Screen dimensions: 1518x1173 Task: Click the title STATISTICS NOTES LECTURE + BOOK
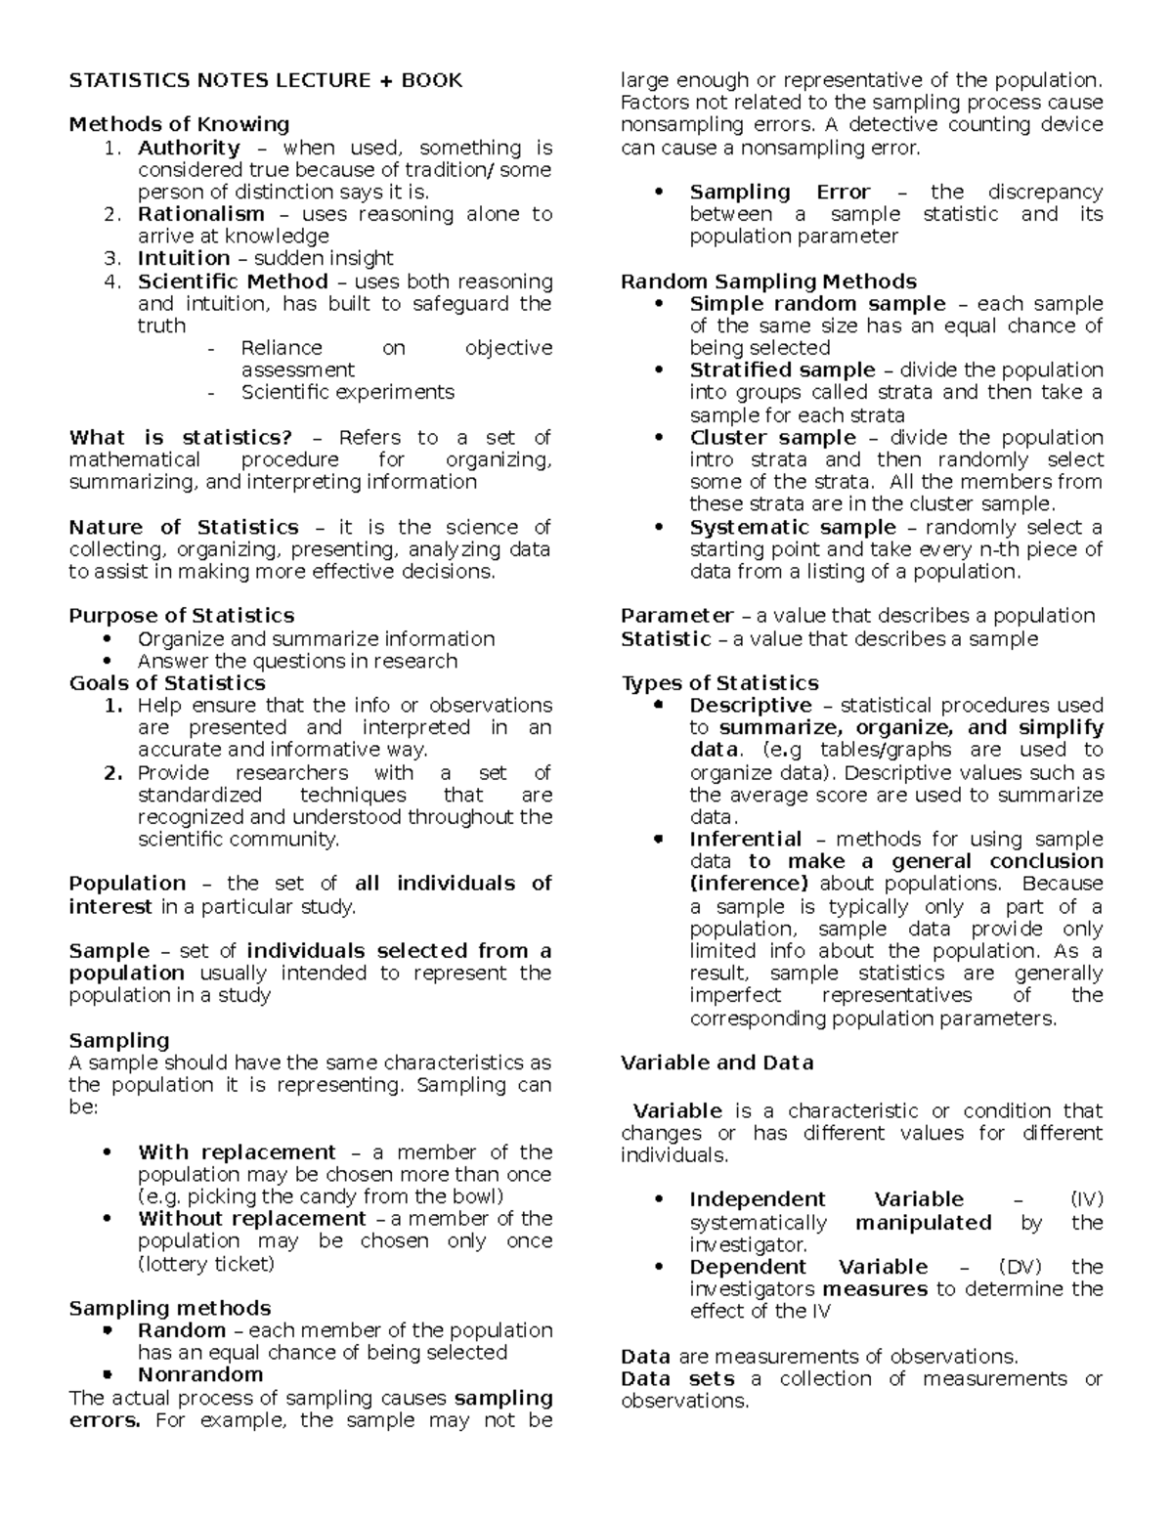point(265,80)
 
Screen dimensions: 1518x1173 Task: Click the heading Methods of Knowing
point(179,124)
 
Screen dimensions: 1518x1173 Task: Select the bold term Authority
point(189,148)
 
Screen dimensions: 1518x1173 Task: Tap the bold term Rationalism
point(200,214)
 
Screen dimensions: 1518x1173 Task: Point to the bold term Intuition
point(184,258)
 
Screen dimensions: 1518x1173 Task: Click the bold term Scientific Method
point(235,282)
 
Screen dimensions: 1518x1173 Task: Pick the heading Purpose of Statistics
point(181,616)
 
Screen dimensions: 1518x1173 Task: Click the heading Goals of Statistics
point(167,682)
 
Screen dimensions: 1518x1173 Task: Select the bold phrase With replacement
point(237,1152)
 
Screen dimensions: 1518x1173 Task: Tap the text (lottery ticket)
point(206,1264)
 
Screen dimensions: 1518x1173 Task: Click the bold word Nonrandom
point(200,1374)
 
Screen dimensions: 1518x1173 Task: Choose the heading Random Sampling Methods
point(768,282)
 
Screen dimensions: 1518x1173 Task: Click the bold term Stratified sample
point(782,369)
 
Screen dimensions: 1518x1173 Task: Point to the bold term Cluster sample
point(772,437)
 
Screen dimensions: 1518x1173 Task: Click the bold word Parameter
point(676,616)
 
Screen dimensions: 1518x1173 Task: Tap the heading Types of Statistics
point(719,682)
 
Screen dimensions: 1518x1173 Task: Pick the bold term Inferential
point(745,839)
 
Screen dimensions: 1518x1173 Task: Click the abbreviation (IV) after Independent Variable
point(1086,1199)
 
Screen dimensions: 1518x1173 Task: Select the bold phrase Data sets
point(677,1379)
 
